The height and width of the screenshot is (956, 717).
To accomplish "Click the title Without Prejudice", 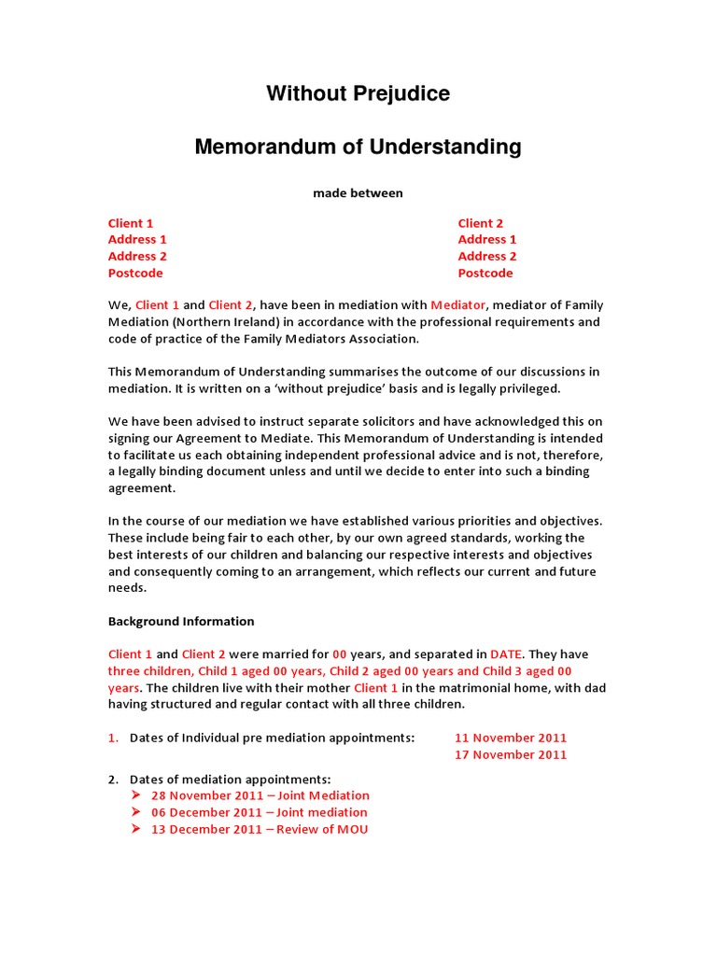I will (358, 93).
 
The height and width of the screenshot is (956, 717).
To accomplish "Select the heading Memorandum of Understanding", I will (358, 147).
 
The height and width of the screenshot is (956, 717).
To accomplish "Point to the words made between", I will (358, 193).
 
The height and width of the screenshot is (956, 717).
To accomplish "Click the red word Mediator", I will (458, 305).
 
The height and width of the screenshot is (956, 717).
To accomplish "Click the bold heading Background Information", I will (181, 622).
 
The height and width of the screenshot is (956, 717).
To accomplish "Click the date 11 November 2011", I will (510, 738).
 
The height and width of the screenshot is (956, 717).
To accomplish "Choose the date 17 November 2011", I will (510, 754).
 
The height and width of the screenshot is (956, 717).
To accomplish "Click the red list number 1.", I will (112, 738).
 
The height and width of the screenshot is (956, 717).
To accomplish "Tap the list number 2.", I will (112, 780).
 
